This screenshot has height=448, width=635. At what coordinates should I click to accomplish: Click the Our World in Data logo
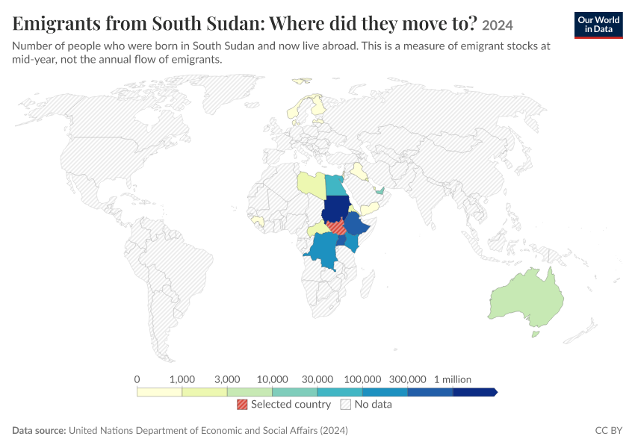[x=598, y=25]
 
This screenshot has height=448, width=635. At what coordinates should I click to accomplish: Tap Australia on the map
[x=527, y=299]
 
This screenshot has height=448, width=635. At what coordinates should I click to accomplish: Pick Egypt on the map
[x=335, y=185]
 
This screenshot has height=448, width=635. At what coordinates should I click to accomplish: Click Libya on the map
[x=312, y=184]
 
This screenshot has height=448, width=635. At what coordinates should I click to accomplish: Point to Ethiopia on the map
[x=358, y=225]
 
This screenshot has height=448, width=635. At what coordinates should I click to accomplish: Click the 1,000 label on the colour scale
[x=182, y=379]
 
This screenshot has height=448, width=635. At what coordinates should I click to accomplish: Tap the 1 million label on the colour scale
[x=453, y=379]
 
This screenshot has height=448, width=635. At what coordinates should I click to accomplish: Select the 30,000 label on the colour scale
[x=317, y=379]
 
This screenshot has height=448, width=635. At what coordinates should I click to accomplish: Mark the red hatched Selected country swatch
[x=242, y=404]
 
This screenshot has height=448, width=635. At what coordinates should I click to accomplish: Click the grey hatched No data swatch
[x=346, y=404]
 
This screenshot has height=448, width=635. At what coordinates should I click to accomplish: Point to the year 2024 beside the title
[x=498, y=25]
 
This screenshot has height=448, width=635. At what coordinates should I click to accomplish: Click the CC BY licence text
[x=608, y=430]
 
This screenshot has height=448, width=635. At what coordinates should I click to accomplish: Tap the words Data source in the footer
[x=39, y=430]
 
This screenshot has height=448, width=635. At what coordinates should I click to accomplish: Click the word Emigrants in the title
[x=56, y=23]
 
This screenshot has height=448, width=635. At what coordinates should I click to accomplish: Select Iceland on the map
[x=301, y=81]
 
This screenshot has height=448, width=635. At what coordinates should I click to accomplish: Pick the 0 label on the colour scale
[x=137, y=379]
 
